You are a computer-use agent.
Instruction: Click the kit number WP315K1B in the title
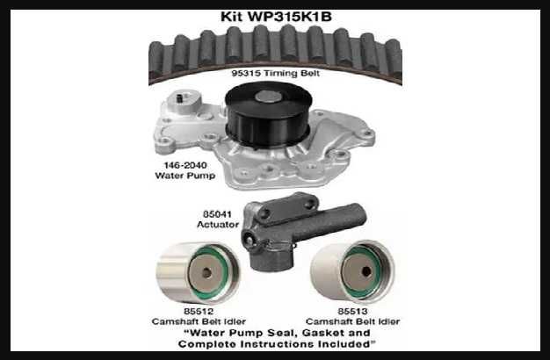(x=297, y=16)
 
